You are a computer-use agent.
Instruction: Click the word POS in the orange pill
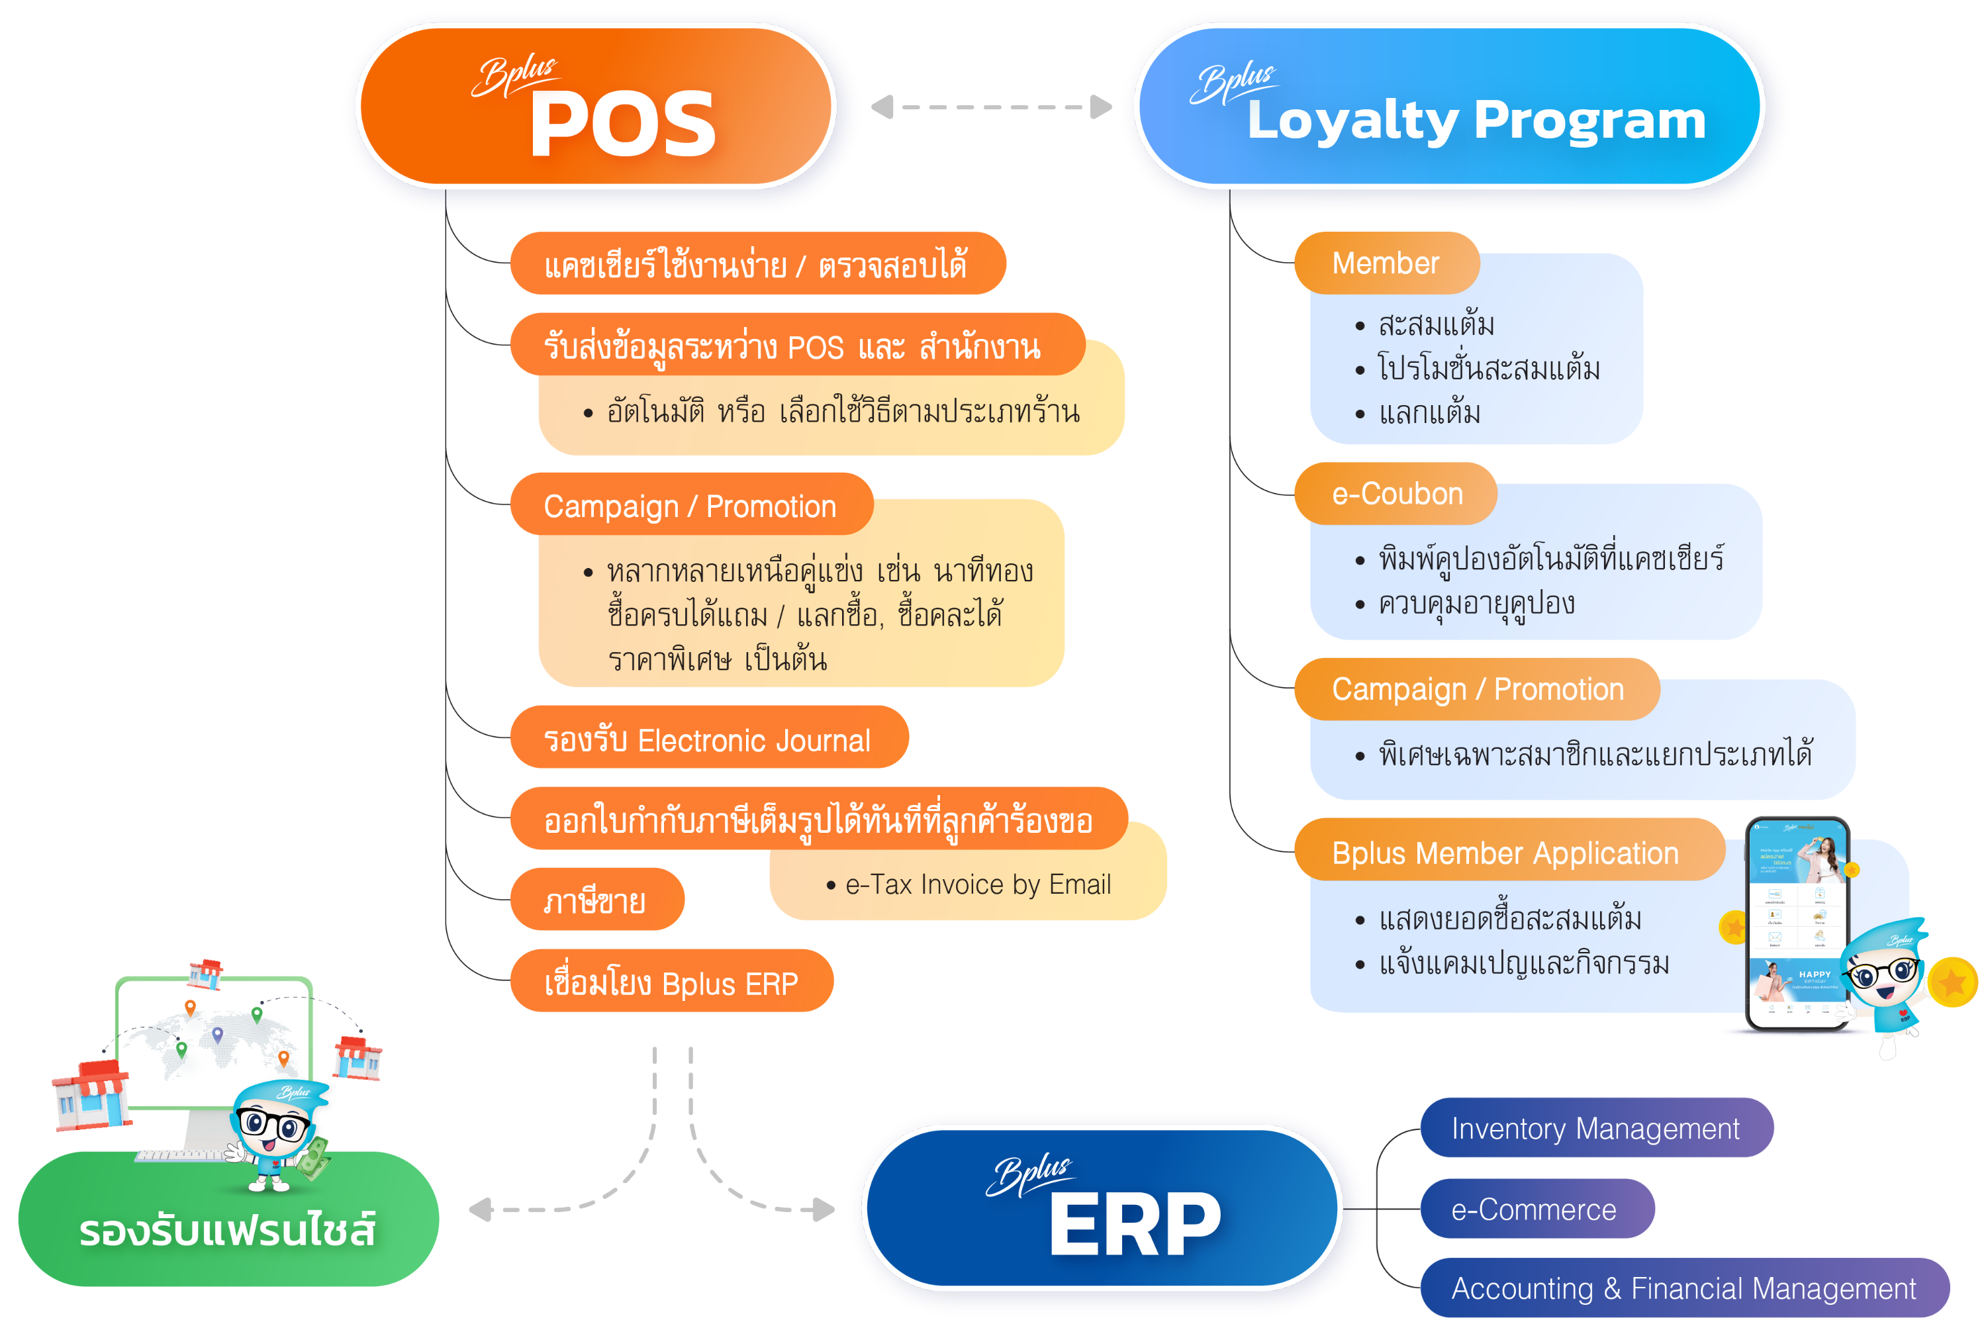point(622,125)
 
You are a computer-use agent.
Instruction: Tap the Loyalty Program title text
point(1476,121)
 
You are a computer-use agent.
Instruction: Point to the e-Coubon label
point(1397,493)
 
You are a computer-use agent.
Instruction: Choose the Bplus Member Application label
point(1504,853)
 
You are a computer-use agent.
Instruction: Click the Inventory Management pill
point(1595,1128)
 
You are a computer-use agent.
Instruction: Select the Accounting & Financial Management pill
point(1683,1288)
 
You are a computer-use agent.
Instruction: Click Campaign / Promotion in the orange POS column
point(689,506)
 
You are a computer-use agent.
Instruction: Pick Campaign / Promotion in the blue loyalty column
point(1477,689)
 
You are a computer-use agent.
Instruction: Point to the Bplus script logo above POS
point(514,76)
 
